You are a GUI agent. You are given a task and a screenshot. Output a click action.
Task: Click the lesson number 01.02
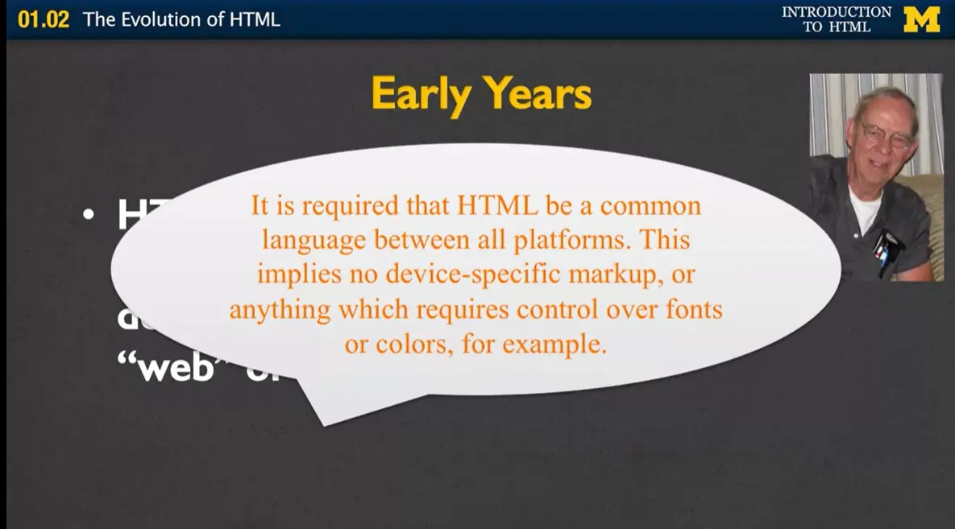pos(44,19)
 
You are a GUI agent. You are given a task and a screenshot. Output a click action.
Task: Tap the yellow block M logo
pos(921,19)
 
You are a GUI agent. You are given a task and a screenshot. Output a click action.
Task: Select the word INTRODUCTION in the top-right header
pos(837,12)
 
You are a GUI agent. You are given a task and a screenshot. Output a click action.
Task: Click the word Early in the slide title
pos(421,95)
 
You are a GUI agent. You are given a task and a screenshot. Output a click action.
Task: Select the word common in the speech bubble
pos(650,206)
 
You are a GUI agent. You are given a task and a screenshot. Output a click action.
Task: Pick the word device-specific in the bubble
pos(472,275)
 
